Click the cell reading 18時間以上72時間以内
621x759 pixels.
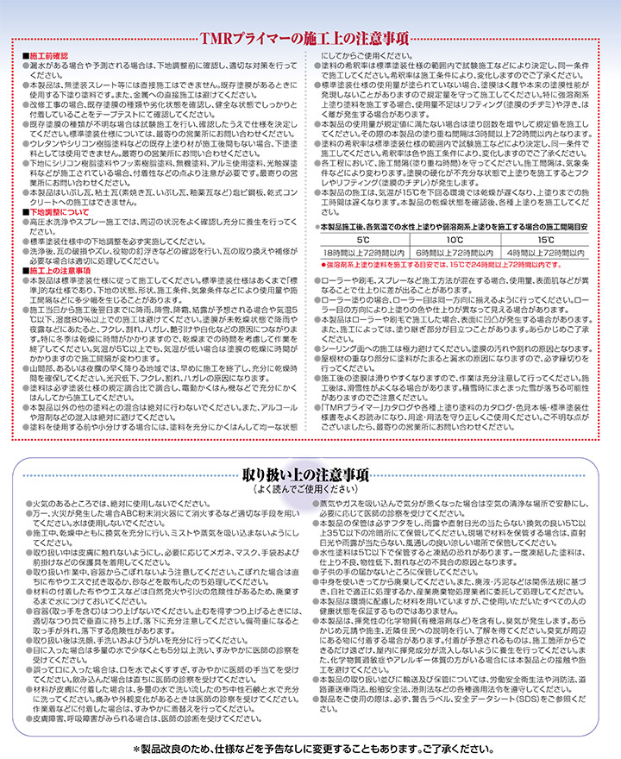(x=361, y=252)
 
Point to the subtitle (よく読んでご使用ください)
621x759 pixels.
(x=310, y=488)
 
